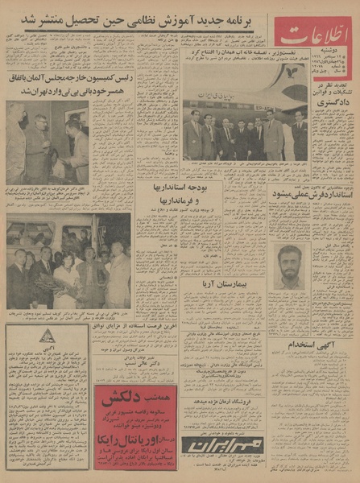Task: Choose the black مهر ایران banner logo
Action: pos(221,446)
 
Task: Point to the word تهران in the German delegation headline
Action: pos(58,91)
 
